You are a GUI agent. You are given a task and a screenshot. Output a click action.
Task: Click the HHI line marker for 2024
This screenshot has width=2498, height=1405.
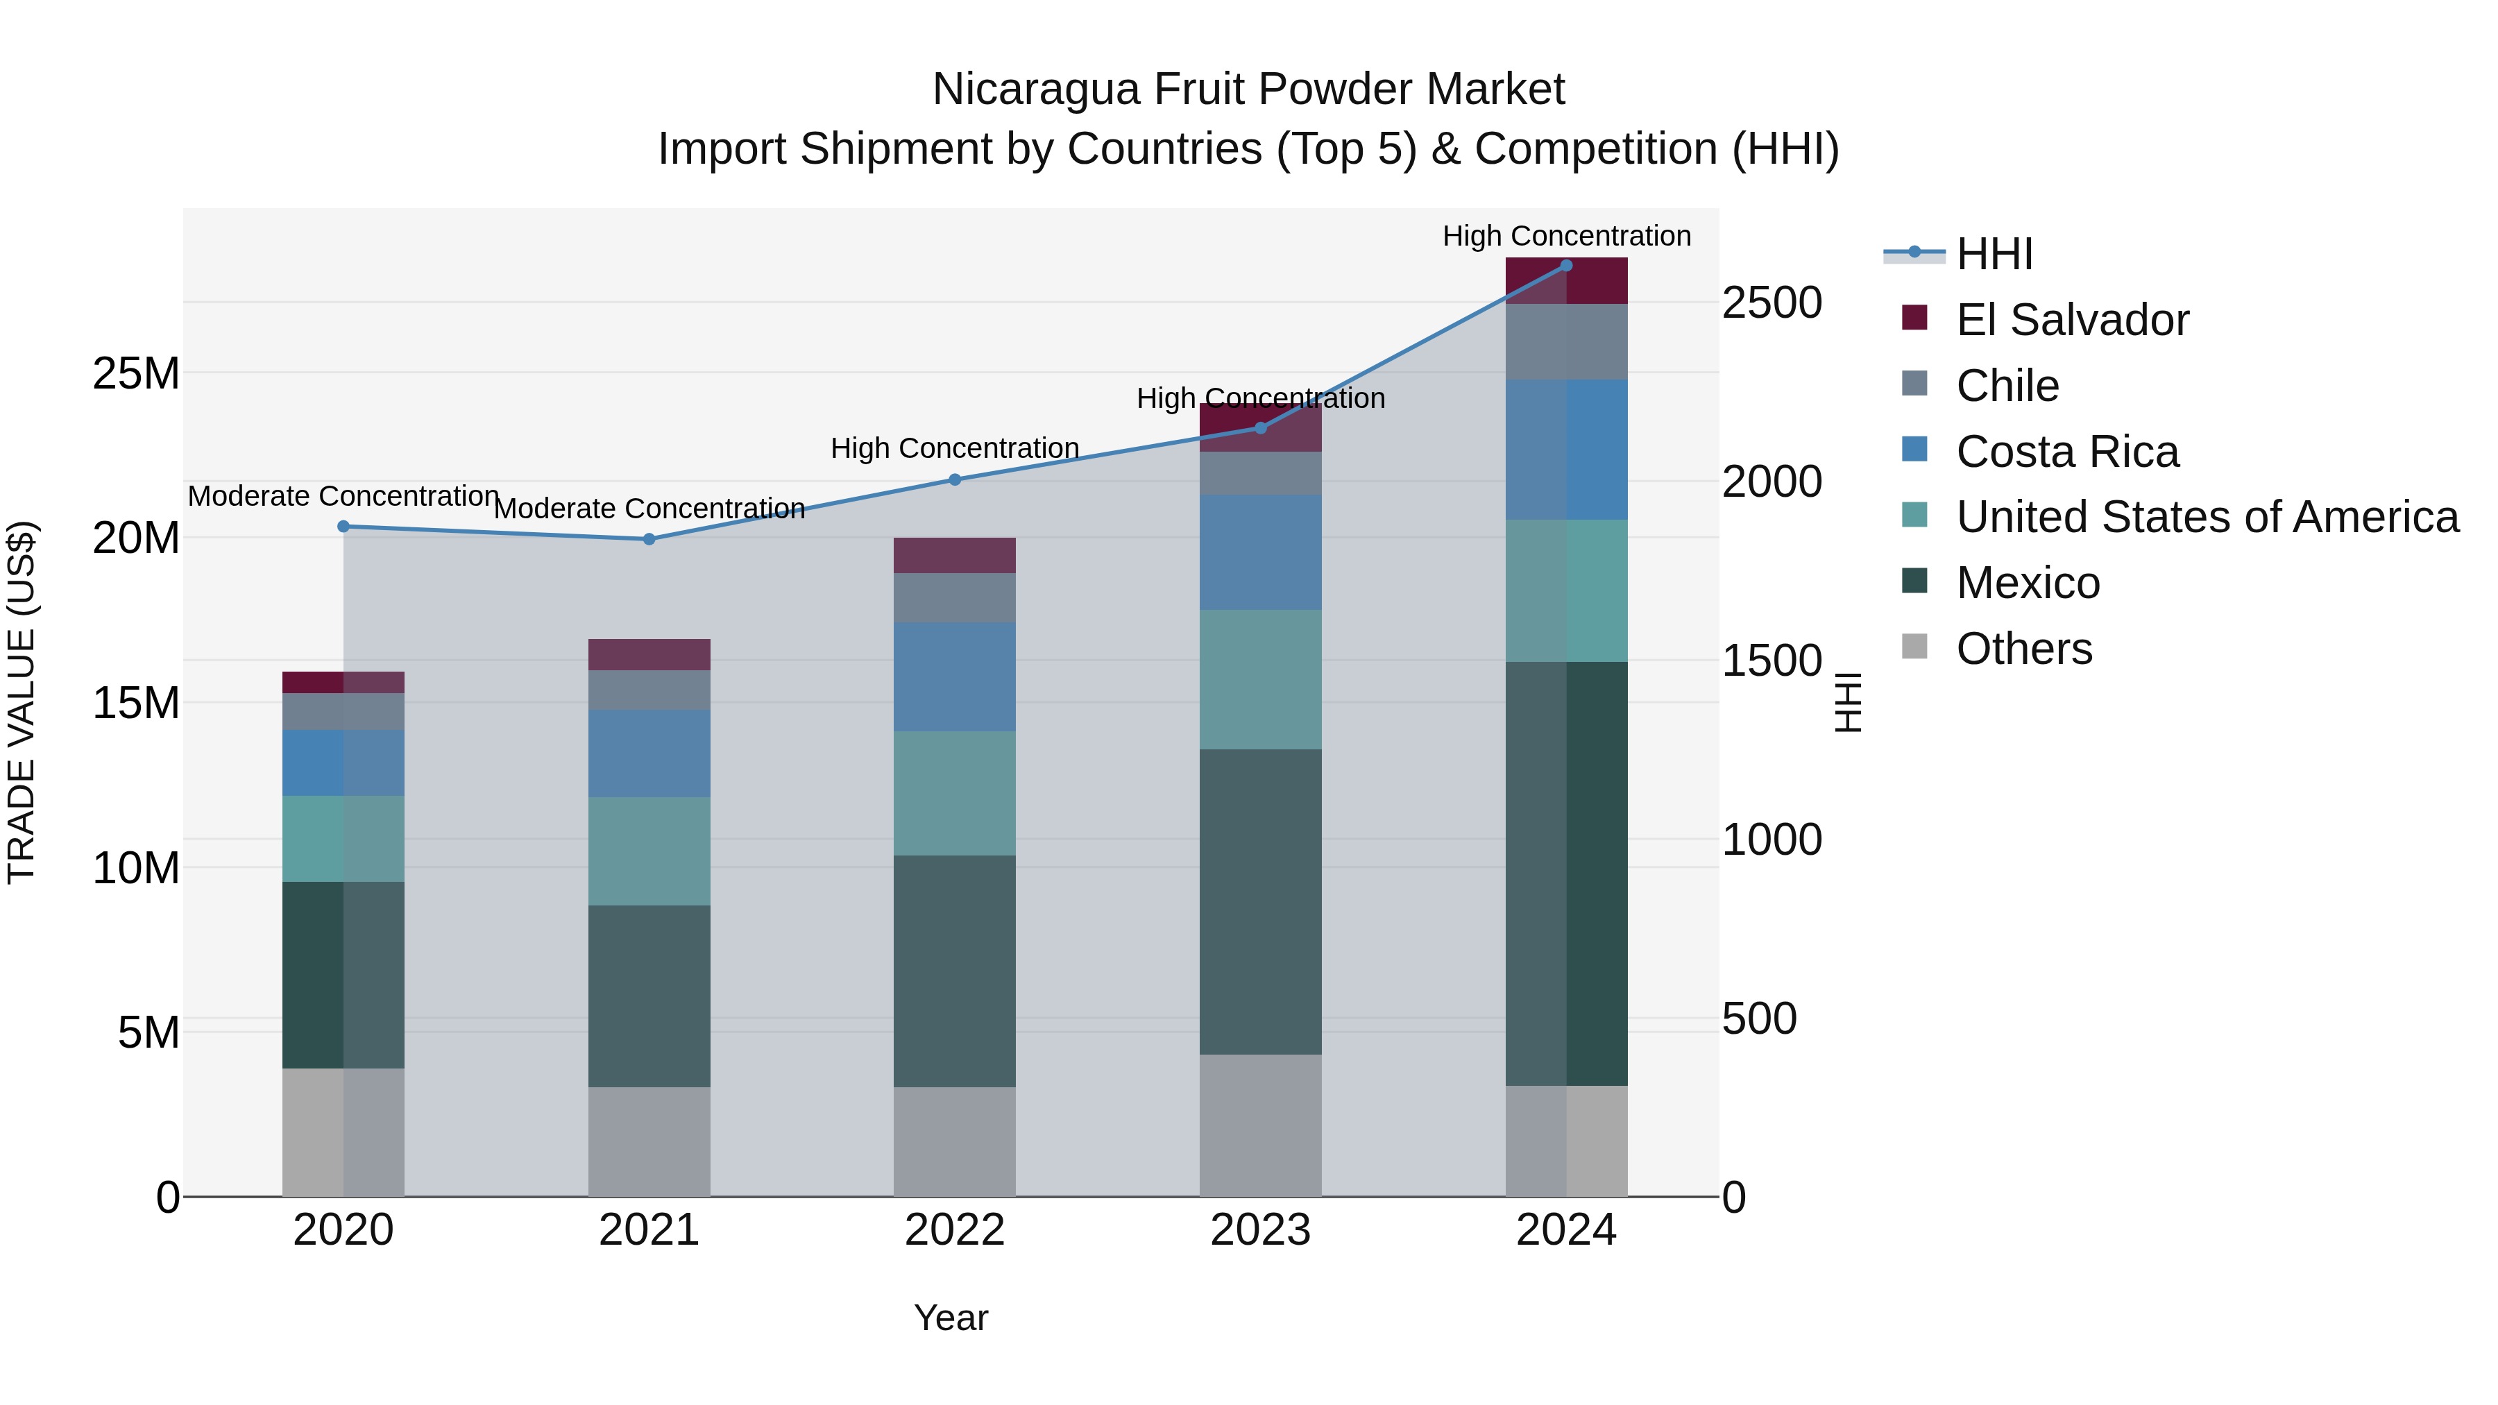pos(1566,266)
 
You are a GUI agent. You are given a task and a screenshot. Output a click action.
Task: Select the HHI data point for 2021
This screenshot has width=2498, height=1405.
pos(649,539)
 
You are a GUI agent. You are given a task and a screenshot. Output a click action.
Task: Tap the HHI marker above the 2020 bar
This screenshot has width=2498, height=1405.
pos(343,527)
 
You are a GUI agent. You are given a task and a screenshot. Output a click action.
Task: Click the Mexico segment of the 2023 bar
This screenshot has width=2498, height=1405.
pos(1261,902)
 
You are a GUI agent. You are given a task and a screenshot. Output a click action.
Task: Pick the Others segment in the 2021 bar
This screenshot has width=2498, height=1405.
pos(649,1141)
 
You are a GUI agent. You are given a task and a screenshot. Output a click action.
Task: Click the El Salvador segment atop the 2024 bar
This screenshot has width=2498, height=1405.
pos(1566,281)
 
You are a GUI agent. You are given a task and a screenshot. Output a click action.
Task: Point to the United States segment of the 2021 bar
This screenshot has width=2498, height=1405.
pos(649,851)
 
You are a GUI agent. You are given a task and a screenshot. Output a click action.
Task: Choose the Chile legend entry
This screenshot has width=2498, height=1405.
pos(2007,386)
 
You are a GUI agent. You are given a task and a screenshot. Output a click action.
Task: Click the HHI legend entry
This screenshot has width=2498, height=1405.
pos(1994,254)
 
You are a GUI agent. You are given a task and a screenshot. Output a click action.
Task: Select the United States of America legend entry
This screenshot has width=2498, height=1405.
pos(2207,517)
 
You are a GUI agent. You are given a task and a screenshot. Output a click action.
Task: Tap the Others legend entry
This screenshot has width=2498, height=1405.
pos(2024,649)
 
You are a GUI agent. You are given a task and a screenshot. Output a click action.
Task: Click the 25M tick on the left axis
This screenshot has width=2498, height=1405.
pos(136,373)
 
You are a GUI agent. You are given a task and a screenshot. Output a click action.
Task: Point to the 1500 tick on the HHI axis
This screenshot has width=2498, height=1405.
pos(1771,661)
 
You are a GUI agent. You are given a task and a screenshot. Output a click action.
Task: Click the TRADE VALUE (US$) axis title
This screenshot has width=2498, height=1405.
pos(22,702)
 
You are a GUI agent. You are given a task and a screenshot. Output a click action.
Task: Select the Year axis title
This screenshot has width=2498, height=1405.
pos(951,1318)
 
